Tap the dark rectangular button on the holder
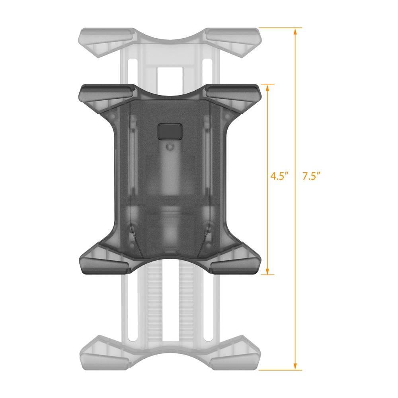pos(170,131)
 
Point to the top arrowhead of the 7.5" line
pos(295,31)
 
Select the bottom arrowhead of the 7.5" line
pos(295,367)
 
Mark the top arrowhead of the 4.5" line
pos(269,88)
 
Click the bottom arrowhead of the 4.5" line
pos(269,271)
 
